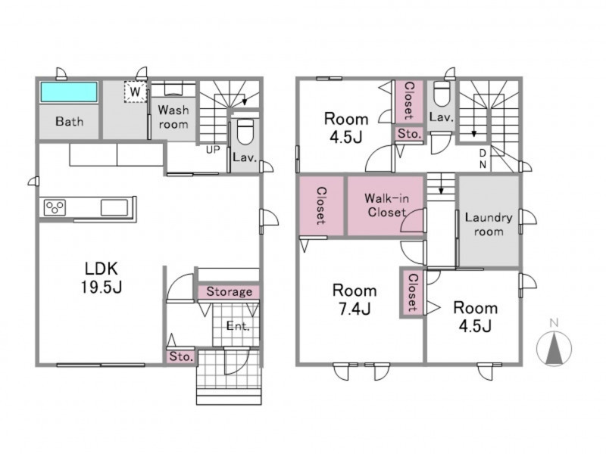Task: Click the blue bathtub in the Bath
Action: (69, 92)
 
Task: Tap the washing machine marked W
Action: (136, 92)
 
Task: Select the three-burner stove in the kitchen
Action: (55, 207)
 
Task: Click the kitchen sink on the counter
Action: (114, 207)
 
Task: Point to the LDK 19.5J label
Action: (102, 278)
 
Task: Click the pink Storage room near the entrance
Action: (229, 292)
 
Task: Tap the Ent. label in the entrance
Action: (238, 326)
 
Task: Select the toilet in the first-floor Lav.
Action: (244, 131)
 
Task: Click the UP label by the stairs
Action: (213, 150)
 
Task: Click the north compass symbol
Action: (554, 346)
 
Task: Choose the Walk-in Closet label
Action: (386, 205)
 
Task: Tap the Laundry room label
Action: (489, 224)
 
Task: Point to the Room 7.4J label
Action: (355, 300)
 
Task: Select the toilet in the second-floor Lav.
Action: (442, 93)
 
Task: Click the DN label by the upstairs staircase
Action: (483, 159)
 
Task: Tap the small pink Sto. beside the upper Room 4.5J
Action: (409, 134)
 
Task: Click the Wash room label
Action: (173, 117)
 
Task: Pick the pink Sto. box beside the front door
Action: (181, 356)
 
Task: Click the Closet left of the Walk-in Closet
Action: (321, 205)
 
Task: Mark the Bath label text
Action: (69, 122)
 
